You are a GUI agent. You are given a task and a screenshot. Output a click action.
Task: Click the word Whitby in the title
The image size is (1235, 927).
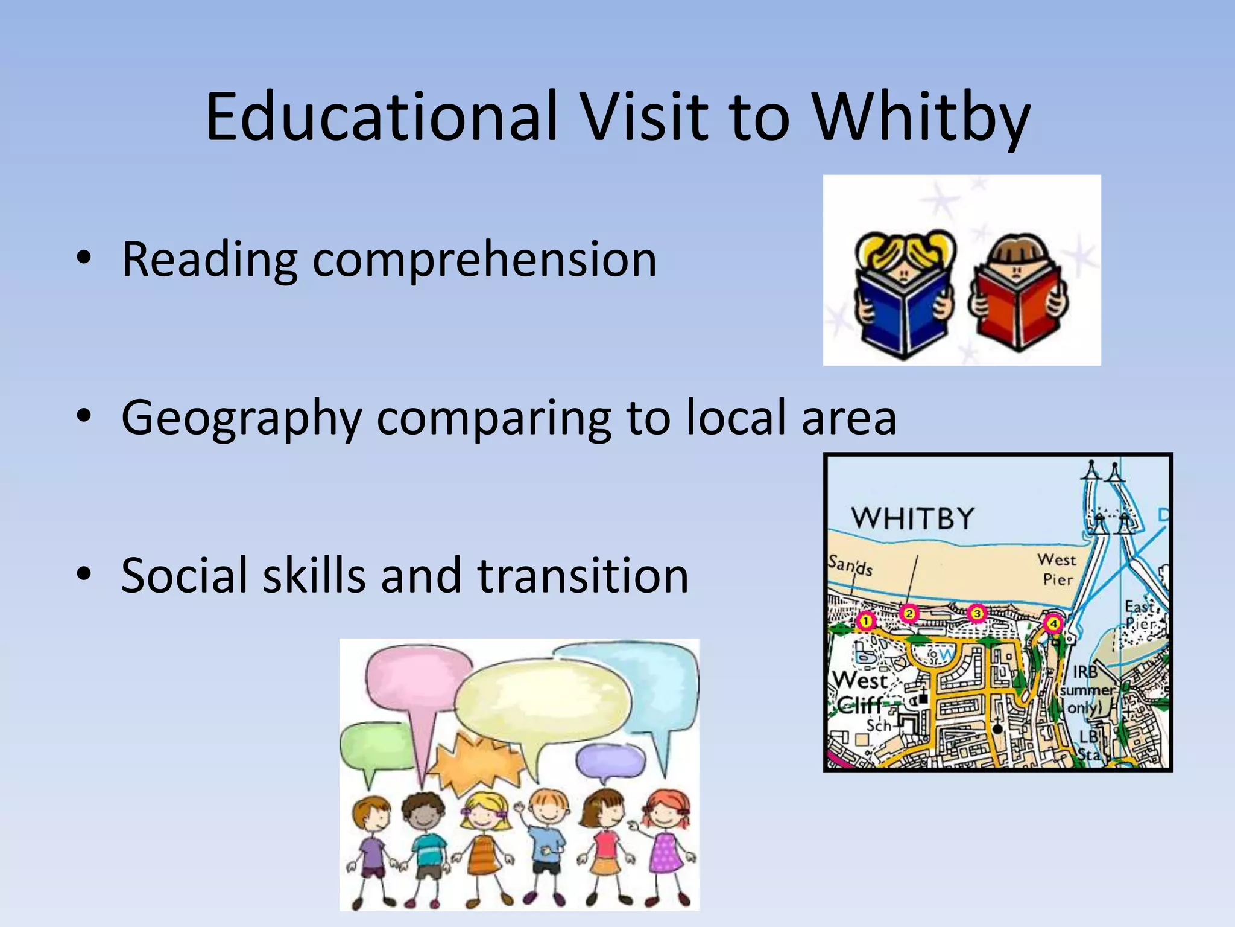coord(921,118)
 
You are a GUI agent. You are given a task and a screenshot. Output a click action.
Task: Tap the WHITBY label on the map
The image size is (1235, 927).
coord(912,518)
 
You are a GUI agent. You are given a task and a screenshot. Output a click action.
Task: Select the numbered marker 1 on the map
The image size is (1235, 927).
coord(866,621)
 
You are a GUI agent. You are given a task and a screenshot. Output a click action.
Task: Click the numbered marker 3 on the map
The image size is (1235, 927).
coord(977,614)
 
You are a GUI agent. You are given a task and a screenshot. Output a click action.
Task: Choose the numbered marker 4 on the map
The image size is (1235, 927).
coord(1053,623)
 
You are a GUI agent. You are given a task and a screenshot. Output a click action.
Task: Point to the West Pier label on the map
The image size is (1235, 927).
coord(1057,569)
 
